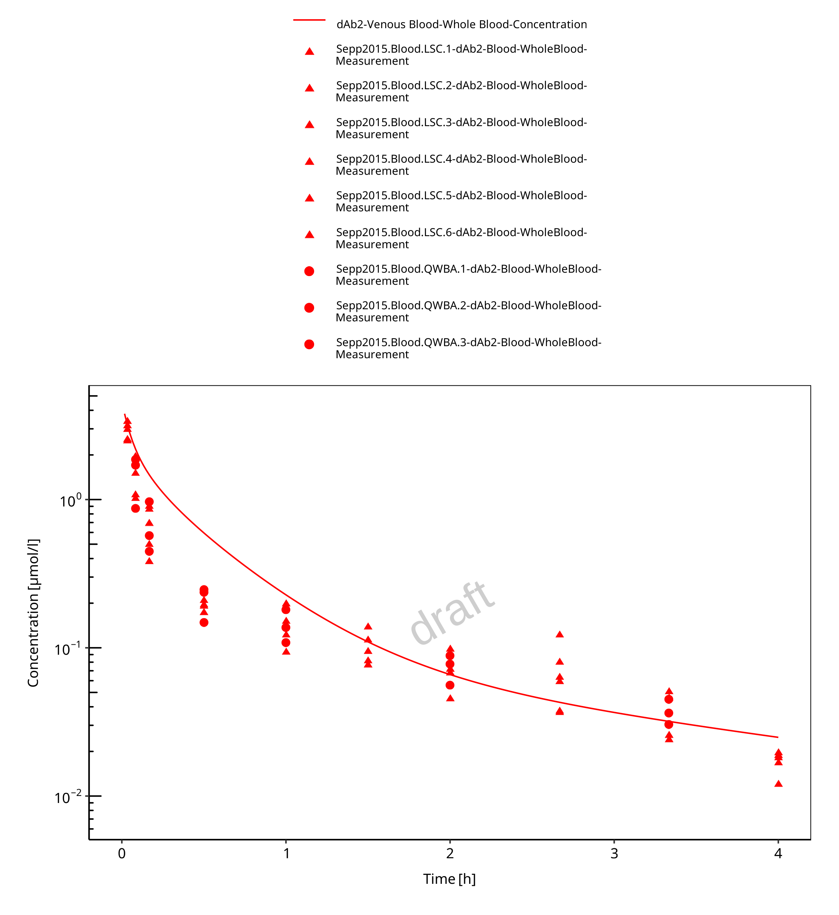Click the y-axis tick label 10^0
[70, 501]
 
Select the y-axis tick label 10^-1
[68, 649]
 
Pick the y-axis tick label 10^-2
[68, 798]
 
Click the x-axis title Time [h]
[449, 879]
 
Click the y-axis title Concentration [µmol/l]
[33, 613]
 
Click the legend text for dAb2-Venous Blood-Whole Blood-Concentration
[461, 24]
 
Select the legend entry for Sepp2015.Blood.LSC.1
[461, 55]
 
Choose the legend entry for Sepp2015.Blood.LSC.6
[461, 238]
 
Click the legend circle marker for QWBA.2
[309, 308]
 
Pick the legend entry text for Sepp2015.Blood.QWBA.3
[468, 348]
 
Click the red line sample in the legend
[309, 20]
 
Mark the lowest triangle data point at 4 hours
[778, 784]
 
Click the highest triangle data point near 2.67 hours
[559, 635]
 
